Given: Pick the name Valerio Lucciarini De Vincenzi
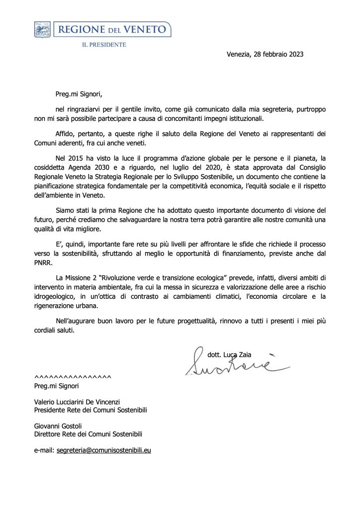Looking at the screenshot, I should coord(77,402).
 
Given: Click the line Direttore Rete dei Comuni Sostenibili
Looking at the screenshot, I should coord(90,434).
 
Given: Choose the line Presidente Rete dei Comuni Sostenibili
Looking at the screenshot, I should coord(90,410).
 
